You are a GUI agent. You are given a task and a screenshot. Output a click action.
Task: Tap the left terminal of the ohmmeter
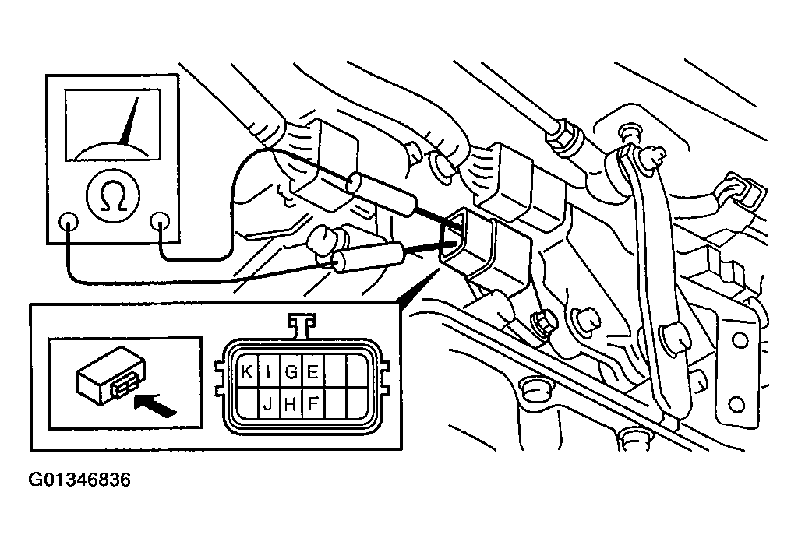pos(69,221)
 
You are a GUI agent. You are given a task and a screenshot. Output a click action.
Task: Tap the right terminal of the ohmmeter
pos(159,222)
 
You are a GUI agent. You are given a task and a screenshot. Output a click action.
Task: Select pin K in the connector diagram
pos(247,372)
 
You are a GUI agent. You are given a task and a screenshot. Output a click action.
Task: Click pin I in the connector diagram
pos(269,372)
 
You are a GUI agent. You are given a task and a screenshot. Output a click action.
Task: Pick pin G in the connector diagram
pos(291,372)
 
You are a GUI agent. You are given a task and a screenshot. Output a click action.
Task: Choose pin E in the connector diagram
pos(313,372)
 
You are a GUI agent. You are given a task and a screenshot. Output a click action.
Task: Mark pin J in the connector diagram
pos(269,403)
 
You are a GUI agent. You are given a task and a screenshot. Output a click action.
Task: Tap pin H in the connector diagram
pos(291,403)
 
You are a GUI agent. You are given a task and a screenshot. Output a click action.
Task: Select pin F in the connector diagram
pos(313,403)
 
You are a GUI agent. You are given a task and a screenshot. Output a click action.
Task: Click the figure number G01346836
pos(79,480)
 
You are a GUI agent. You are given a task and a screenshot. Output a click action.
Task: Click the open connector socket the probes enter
pos(454,237)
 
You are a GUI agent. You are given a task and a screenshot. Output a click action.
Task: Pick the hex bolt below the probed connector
pos(540,323)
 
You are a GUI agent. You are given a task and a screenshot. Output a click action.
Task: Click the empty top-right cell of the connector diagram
pos(357,372)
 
